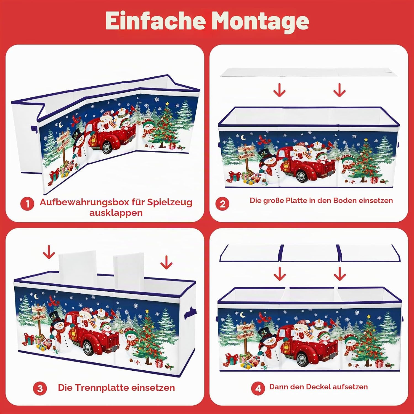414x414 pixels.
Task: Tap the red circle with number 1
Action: coord(27,204)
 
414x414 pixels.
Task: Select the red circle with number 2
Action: coord(222,204)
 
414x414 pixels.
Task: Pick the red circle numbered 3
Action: coord(40,388)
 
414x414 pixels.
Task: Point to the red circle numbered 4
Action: coord(258,388)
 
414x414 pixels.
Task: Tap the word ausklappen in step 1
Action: coord(116,213)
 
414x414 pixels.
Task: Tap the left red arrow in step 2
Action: coord(279,90)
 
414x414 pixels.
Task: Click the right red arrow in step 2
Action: coord(339,90)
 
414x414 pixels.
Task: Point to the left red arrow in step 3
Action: coord(49,252)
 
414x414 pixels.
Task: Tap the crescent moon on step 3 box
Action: coord(37,296)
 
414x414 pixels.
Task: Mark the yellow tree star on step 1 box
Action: coord(167,104)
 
